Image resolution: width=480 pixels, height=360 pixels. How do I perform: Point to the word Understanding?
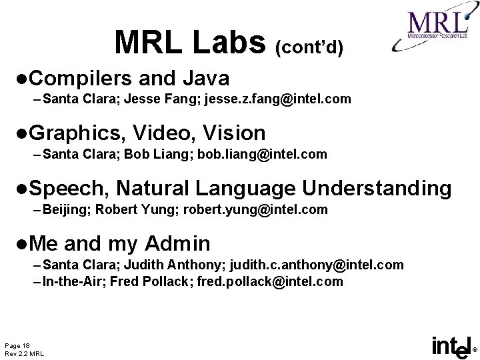[x=377, y=189]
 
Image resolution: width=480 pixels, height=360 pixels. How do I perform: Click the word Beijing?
[x=66, y=210]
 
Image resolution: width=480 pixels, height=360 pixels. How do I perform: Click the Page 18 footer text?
[x=17, y=345]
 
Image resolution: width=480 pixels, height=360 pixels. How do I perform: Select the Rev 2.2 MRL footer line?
[x=24, y=353]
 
